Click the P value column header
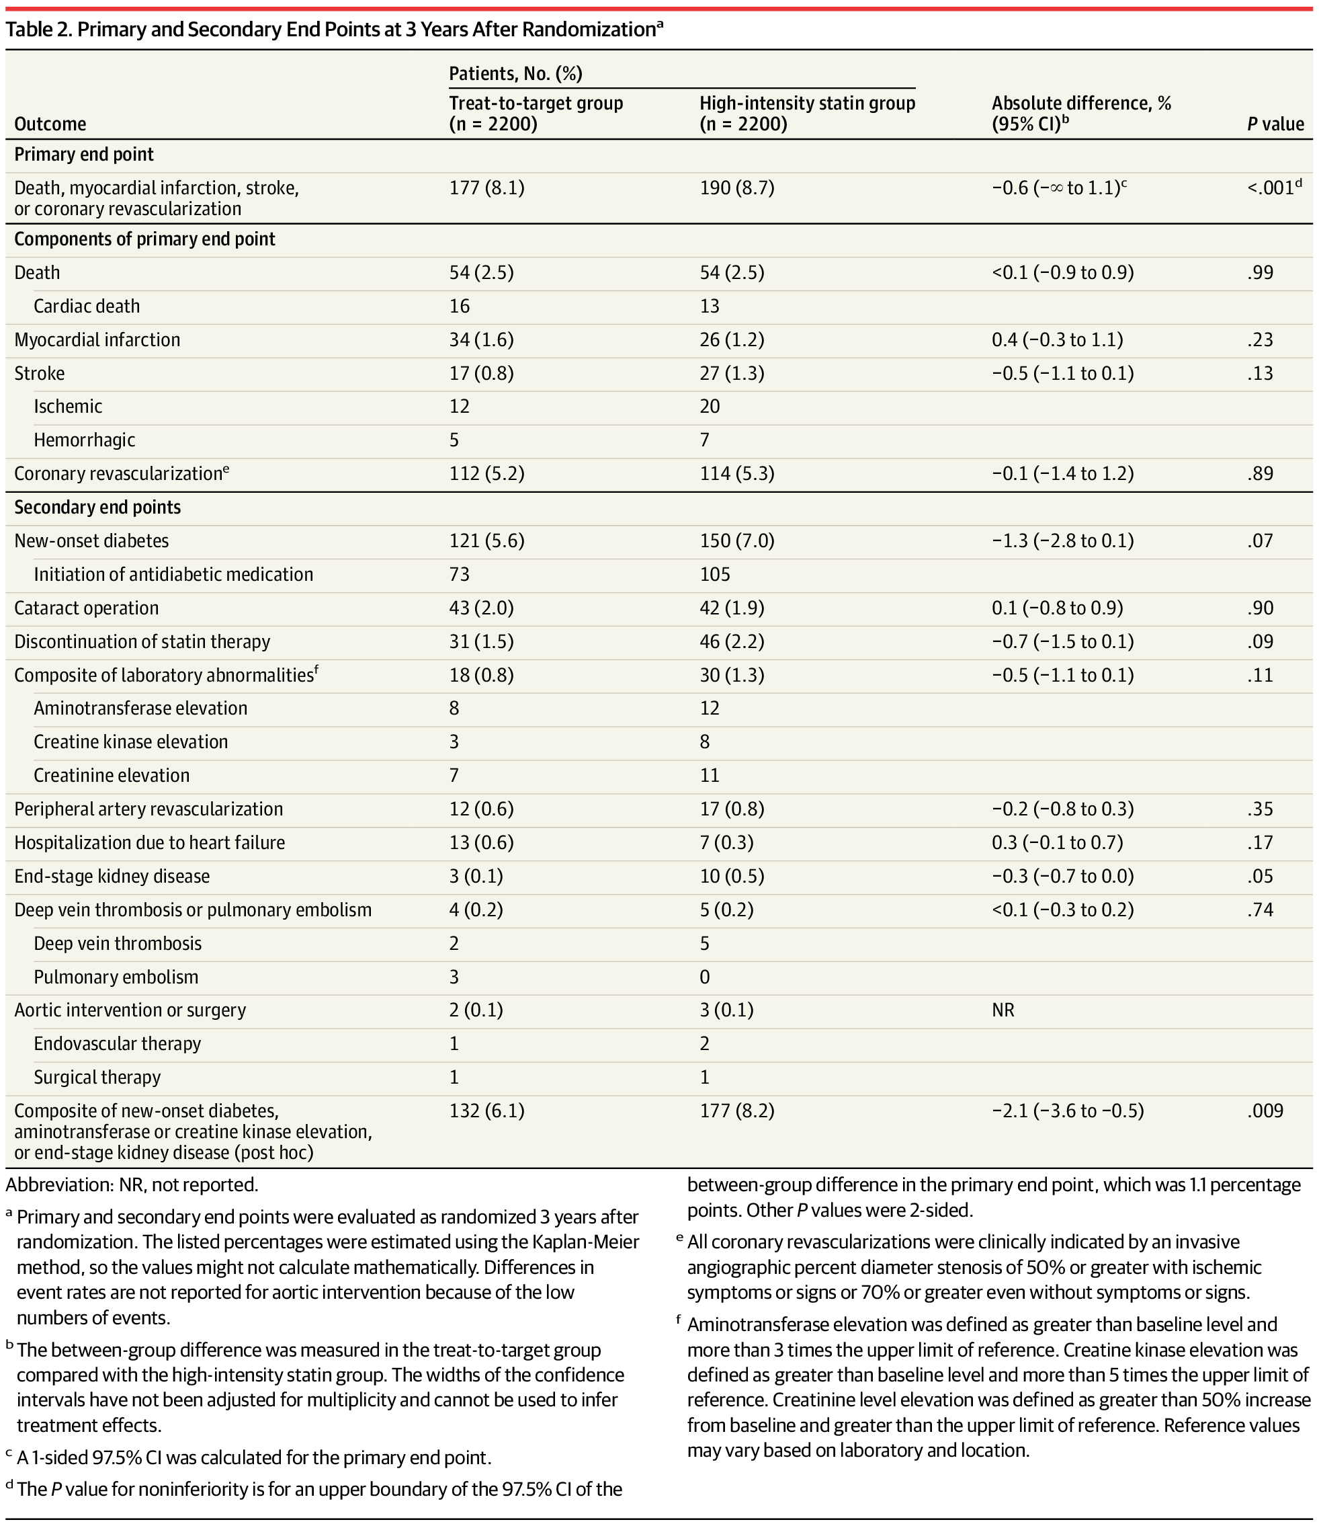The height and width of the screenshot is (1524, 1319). point(1275,124)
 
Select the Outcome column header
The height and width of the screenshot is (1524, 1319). point(50,124)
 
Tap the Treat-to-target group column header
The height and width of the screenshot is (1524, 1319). point(536,113)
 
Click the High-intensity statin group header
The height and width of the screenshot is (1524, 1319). point(807,113)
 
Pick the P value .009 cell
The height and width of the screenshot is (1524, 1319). point(1265,1111)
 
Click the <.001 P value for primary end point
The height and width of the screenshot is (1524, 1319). point(1269,188)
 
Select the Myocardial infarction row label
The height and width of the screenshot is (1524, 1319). point(97,339)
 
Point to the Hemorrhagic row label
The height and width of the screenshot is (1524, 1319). point(85,440)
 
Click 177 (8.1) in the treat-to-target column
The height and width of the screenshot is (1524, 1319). point(486,188)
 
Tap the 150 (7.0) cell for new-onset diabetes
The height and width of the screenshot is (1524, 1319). point(737,540)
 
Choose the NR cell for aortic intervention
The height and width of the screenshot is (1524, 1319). point(1003,1009)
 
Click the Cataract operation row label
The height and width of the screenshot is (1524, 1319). point(86,608)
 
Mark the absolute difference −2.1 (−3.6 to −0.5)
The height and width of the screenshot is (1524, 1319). point(1067,1111)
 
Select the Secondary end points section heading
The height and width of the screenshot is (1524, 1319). point(97,508)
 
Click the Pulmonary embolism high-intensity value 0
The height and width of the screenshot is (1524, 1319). point(704,977)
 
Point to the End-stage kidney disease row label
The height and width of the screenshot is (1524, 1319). point(112,876)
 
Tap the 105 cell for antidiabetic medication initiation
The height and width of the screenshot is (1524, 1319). point(715,574)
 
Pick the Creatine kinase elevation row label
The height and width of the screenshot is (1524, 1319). point(131,741)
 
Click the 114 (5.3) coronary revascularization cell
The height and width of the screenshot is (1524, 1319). point(737,473)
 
